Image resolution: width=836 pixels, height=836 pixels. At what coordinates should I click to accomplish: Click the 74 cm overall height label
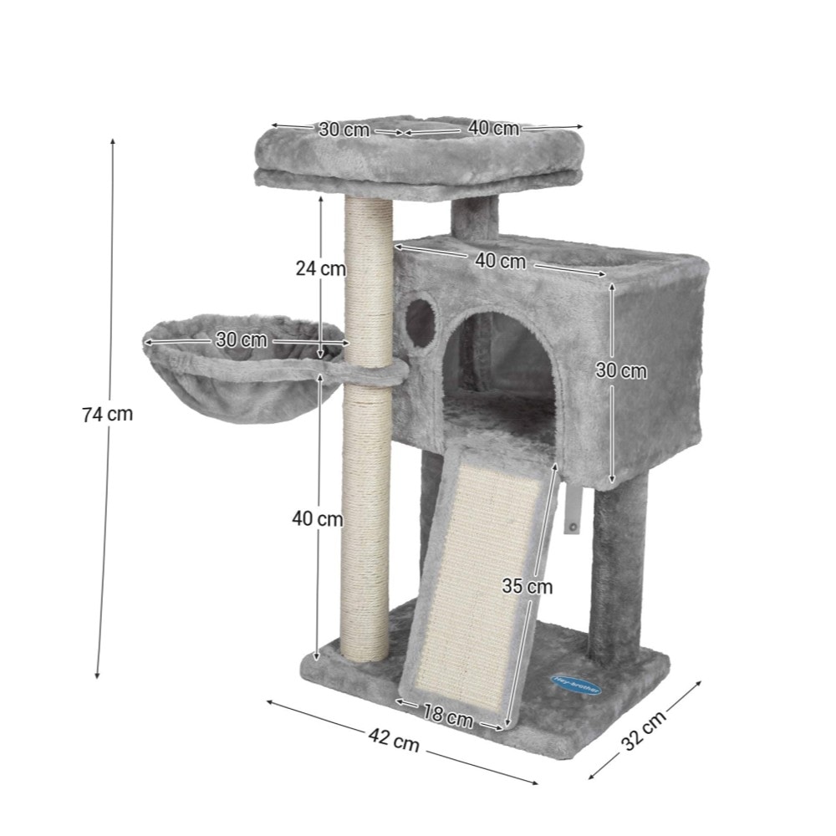point(108,414)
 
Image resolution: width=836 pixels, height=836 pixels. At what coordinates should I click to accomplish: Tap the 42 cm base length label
point(394,740)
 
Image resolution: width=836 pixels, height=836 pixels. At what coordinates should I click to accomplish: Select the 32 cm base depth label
point(644,730)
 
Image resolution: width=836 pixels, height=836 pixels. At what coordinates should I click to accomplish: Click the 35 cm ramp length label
point(528,587)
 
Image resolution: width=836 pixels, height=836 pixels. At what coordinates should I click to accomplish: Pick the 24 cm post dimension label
point(320,268)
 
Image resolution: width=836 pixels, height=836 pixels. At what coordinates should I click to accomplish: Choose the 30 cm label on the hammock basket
point(242,339)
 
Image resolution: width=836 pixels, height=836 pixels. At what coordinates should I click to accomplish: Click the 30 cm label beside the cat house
point(621,370)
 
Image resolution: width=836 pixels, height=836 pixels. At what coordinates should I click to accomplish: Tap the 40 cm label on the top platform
point(494,128)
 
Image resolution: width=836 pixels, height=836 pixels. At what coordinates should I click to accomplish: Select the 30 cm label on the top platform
point(344,129)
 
